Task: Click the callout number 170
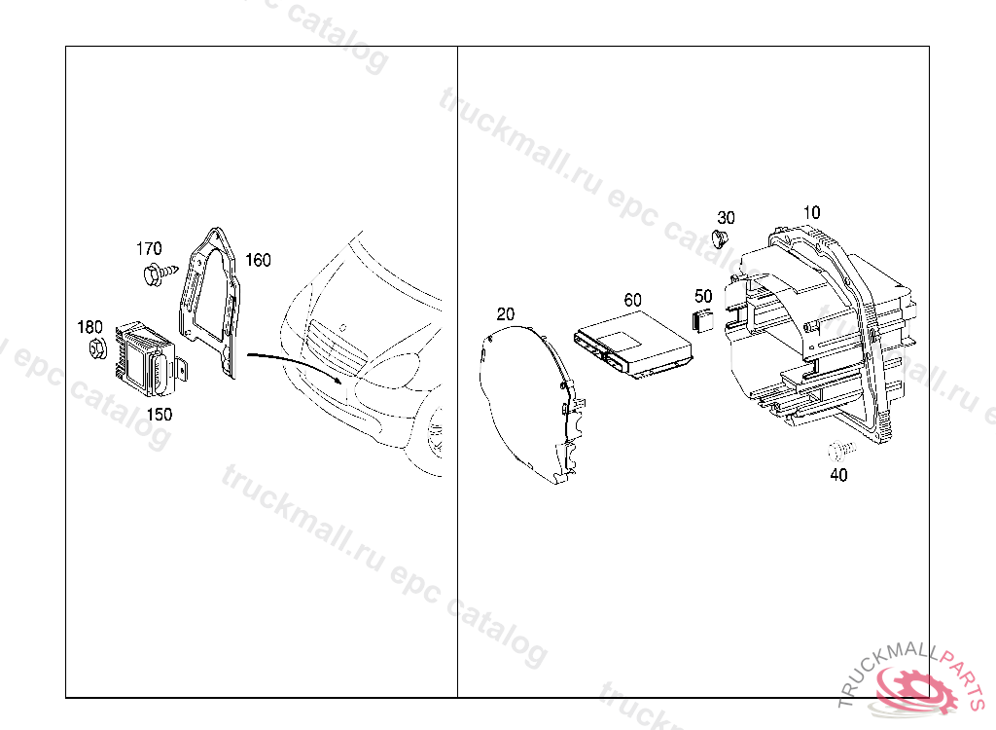(149, 248)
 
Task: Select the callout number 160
(258, 260)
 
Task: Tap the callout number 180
(89, 327)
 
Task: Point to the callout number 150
(159, 415)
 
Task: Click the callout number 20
(506, 314)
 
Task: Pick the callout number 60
(632, 300)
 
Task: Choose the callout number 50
(703, 296)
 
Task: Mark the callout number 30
(726, 218)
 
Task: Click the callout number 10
(811, 212)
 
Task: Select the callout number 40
(838, 475)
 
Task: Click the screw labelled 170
(160, 274)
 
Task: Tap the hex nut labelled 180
(97, 349)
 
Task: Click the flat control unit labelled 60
(632, 344)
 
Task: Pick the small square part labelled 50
(702, 320)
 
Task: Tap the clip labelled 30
(721, 239)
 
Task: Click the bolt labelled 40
(841, 451)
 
